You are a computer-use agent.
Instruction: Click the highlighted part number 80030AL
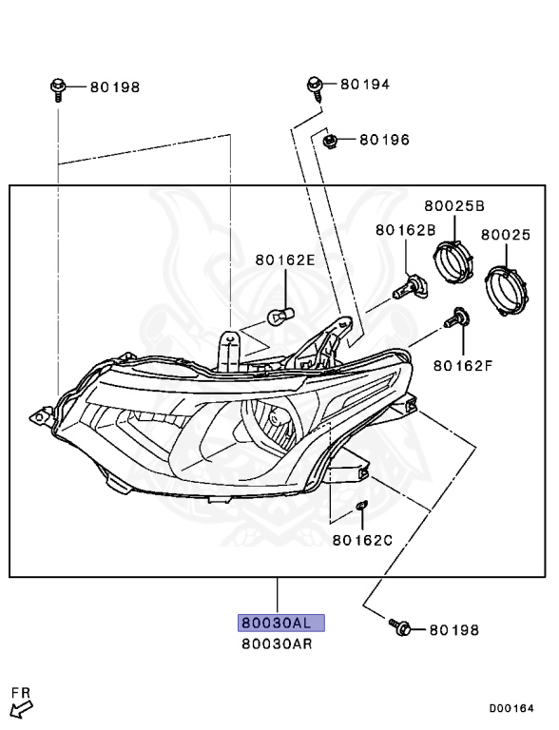280,623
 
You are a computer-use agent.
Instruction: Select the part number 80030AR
277,644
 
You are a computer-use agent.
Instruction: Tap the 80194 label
365,85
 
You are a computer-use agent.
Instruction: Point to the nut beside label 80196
330,140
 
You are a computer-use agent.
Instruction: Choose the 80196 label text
384,140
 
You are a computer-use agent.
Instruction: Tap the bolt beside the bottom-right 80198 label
400,626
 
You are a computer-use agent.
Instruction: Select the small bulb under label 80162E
280,316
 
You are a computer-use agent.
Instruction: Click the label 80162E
285,259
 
